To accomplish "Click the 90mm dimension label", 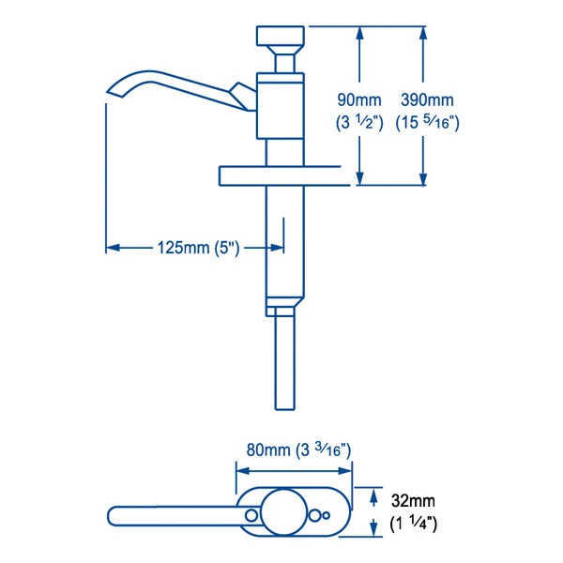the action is pos(359,99).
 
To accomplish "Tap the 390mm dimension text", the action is pos(427,99).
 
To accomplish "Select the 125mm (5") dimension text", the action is pos(198,248).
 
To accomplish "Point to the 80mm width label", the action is pos(268,449).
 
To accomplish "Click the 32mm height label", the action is pos(413,501).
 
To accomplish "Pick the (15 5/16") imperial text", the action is pos(427,123).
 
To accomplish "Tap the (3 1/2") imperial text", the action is pos(359,123).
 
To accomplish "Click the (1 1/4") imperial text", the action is pos(413,524).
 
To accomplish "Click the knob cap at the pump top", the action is pos(281,36).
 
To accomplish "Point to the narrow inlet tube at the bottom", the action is pos(285,362).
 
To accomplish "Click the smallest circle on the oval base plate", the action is pos(326,515).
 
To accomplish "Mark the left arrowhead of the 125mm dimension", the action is pos(113,248).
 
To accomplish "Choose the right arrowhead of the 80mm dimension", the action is pos(345,471).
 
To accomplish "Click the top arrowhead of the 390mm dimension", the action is pos(423,34).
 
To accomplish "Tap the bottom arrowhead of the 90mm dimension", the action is pos(359,178).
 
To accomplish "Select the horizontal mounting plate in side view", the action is pos(283,176).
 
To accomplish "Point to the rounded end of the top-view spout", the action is pos(111,516).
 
